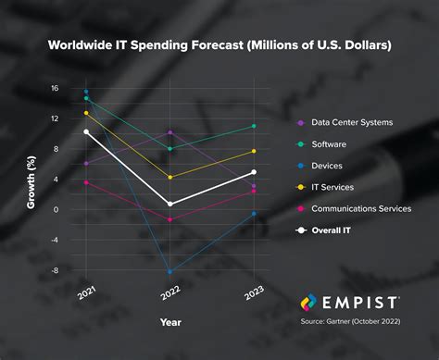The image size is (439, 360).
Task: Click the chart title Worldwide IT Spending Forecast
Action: [219, 44]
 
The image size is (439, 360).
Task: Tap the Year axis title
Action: [170, 324]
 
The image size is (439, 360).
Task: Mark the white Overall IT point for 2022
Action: [170, 204]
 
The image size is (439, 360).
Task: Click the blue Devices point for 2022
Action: [170, 272]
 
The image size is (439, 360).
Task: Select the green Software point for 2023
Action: [254, 126]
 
